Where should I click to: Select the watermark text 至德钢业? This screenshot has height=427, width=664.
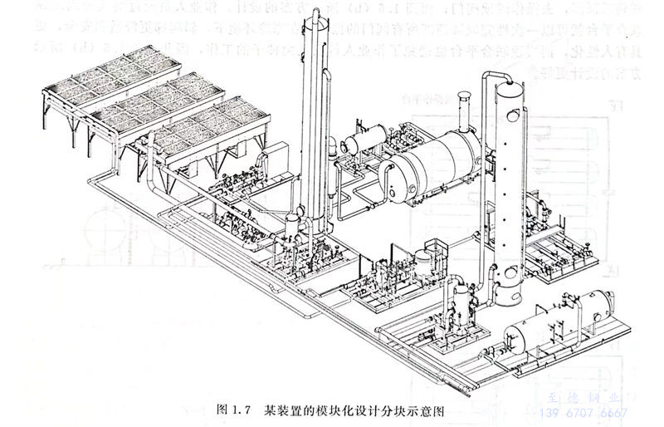(x=591, y=398)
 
